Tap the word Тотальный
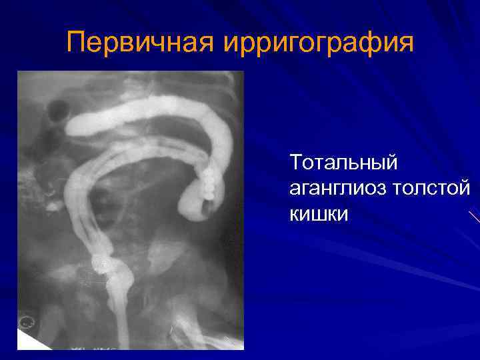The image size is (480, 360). coord(343,161)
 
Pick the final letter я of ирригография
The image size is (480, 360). coord(406,43)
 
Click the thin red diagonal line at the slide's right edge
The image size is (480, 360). coord(474,217)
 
